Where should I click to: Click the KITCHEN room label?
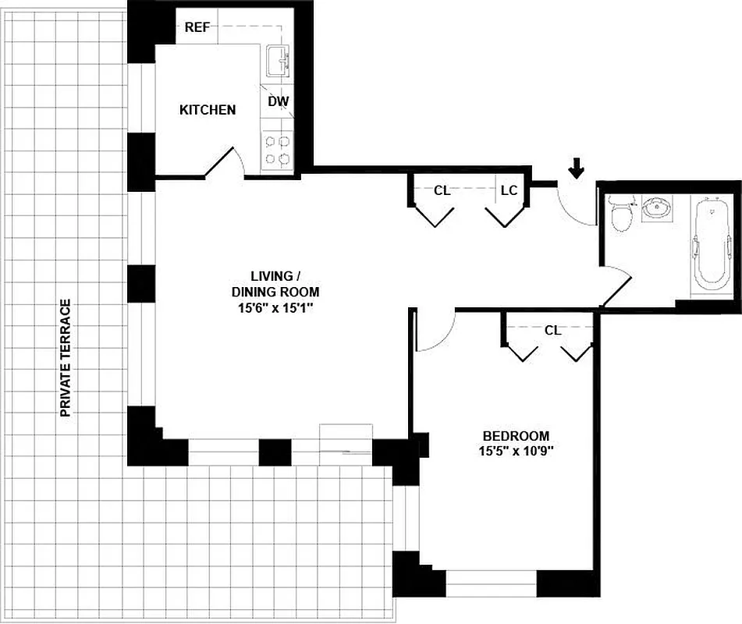(x=208, y=110)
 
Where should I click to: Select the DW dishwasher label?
(x=277, y=101)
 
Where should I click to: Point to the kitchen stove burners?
(x=277, y=151)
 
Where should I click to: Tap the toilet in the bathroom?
(x=622, y=215)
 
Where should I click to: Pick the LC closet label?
(x=509, y=190)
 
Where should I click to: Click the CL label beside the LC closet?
(x=442, y=190)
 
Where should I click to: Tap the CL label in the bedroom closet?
(x=552, y=330)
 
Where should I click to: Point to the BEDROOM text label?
(x=516, y=436)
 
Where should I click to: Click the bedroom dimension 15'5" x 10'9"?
(x=516, y=451)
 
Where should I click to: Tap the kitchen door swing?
(x=228, y=161)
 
